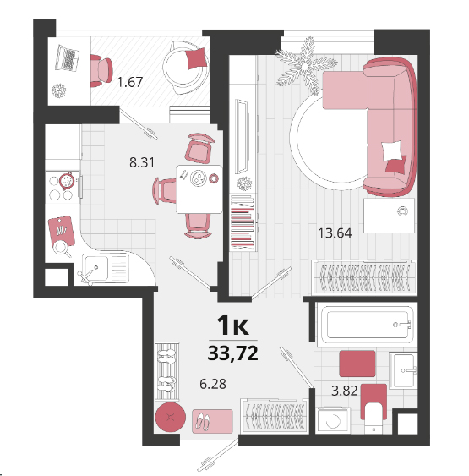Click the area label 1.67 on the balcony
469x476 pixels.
pyautogui.click(x=130, y=82)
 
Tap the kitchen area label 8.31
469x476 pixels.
pyautogui.click(x=142, y=162)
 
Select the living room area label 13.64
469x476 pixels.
pyautogui.click(x=335, y=233)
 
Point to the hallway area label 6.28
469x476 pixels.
pyautogui.click(x=213, y=384)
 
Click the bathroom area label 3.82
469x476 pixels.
pyautogui.click(x=345, y=391)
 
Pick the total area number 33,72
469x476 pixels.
pyautogui.click(x=233, y=353)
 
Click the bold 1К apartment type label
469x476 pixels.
pyautogui.click(x=233, y=326)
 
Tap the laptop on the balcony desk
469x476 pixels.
pyautogui.click(x=68, y=58)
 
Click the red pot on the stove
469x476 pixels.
pyautogui.click(x=67, y=181)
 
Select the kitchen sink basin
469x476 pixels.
pyautogui.click(x=95, y=268)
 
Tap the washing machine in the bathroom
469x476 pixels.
pyautogui.click(x=333, y=420)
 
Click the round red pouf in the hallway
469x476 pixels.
pyautogui.click(x=171, y=417)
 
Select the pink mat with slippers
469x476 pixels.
pyautogui.click(x=212, y=421)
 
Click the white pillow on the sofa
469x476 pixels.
pyautogui.click(x=392, y=150)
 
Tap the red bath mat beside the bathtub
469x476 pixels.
pyautogui.click(x=357, y=364)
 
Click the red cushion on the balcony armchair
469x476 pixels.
pyautogui.click(x=196, y=58)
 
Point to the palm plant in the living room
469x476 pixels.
pyautogui.click(x=305, y=65)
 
